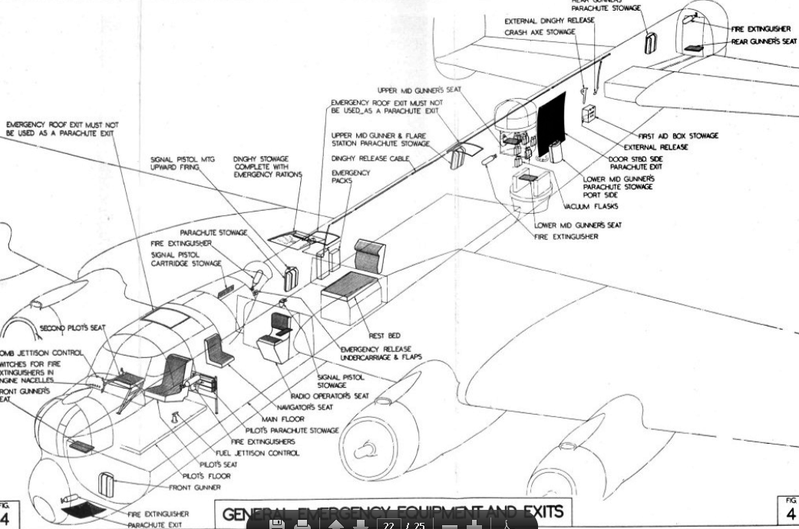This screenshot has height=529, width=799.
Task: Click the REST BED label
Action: tap(385, 335)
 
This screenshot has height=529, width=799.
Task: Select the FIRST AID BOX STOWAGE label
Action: tap(678, 136)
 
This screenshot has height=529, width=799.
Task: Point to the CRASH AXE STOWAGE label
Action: tap(540, 34)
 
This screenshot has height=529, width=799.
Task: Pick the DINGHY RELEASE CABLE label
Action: tap(371, 159)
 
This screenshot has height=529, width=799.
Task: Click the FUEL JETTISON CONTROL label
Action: tap(257, 453)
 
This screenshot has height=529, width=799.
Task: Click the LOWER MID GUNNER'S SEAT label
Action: tap(578, 225)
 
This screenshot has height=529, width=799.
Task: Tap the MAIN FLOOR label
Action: tap(282, 419)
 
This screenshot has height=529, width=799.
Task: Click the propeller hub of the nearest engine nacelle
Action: tap(367, 448)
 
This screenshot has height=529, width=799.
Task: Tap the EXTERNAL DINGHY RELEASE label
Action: tap(549, 21)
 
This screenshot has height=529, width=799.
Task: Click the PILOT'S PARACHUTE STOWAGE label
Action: tap(292, 431)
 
